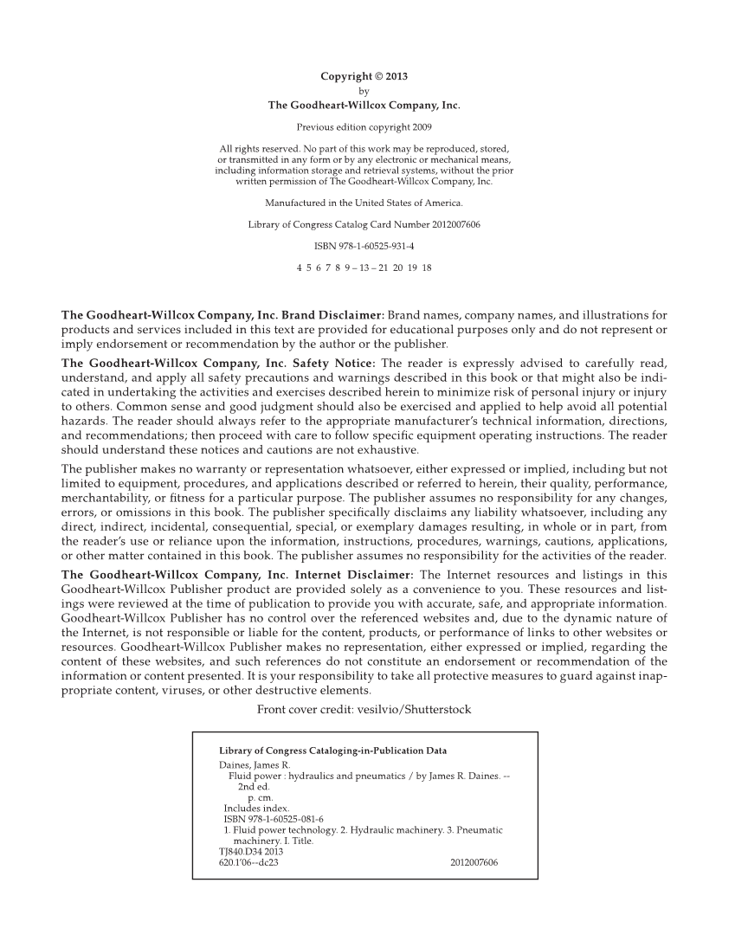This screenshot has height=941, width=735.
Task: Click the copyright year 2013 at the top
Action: click(396, 76)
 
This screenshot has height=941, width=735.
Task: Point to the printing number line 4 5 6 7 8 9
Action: click(364, 267)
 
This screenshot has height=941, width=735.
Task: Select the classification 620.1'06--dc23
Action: click(249, 862)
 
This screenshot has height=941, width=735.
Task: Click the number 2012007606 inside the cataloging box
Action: click(474, 862)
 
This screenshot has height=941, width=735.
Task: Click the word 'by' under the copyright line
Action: click(364, 90)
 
